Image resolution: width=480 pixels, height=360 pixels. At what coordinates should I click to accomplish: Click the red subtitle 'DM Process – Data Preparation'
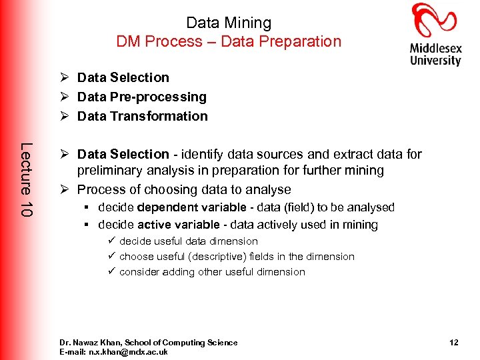[x=229, y=41]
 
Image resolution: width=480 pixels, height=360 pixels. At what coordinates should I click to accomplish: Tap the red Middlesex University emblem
[x=435, y=20]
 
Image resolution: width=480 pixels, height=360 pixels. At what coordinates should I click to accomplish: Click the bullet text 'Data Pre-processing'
[x=141, y=97]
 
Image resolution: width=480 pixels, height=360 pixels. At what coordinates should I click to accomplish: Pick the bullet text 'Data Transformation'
[x=142, y=116]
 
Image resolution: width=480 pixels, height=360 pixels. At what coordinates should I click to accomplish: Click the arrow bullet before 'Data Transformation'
[x=65, y=116]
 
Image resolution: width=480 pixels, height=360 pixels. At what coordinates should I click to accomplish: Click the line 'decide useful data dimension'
[x=188, y=241]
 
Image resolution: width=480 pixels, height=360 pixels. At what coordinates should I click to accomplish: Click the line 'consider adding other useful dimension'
[x=212, y=272]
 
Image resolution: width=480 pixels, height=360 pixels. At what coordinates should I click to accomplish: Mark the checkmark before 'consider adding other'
[x=111, y=272]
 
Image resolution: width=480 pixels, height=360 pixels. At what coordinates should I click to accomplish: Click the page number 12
[x=453, y=343]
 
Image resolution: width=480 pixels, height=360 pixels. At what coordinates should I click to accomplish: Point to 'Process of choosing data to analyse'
[x=184, y=189]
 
